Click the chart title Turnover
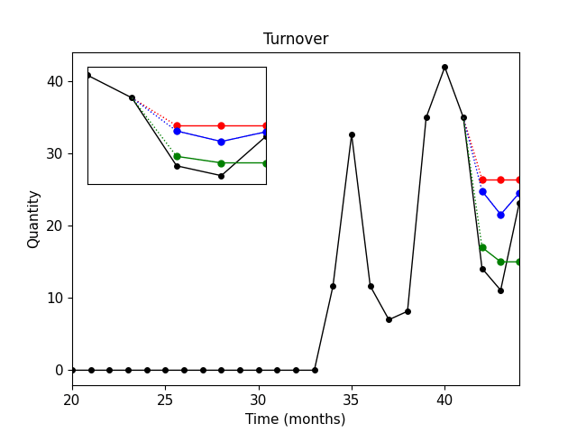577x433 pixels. (296, 39)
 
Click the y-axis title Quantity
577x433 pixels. (33, 218)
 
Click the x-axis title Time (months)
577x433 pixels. (296, 419)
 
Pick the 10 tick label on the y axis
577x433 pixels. (57, 298)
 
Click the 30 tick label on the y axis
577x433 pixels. (57, 153)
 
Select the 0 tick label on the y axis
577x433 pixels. (60, 370)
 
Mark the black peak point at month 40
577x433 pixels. (444, 67)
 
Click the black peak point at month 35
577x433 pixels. (352, 134)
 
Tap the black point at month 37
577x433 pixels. (389, 319)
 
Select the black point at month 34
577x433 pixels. (333, 286)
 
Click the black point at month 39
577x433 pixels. (426, 117)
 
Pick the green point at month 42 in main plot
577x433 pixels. (482, 247)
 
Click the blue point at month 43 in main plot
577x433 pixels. (500, 215)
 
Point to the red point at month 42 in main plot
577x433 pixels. (482, 180)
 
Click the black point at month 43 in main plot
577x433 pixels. (500, 290)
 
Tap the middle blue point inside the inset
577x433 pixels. (221, 142)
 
